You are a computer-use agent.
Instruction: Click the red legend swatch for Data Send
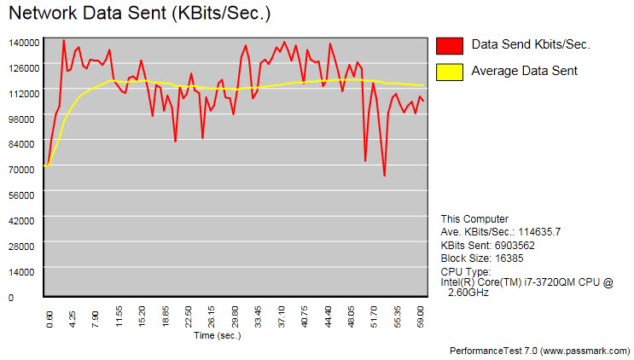pyautogui.click(x=449, y=45)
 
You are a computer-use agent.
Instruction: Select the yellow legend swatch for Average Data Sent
pyautogui.click(x=449, y=71)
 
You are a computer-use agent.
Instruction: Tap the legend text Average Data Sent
pyautogui.click(x=524, y=71)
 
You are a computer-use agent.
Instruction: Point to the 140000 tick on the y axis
pyautogui.click(x=23, y=43)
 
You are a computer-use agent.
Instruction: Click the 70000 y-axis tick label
pyautogui.click(x=23, y=170)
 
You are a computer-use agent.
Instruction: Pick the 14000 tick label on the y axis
pyautogui.click(x=23, y=272)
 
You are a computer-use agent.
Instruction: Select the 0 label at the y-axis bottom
pyautogui.click(x=11, y=298)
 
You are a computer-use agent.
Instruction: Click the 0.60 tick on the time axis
pyautogui.click(x=49, y=318)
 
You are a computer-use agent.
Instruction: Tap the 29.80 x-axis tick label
pyautogui.click(x=235, y=318)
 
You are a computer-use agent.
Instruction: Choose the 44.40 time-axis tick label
pyautogui.click(x=328, y=318)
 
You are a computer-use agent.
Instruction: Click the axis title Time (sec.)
pyautogui.click(x=218, y=335)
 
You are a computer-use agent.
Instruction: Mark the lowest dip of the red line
pyautogui.click(x=385, y=176)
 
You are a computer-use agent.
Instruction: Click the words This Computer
pyautogui.click(x=474, y=219)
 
